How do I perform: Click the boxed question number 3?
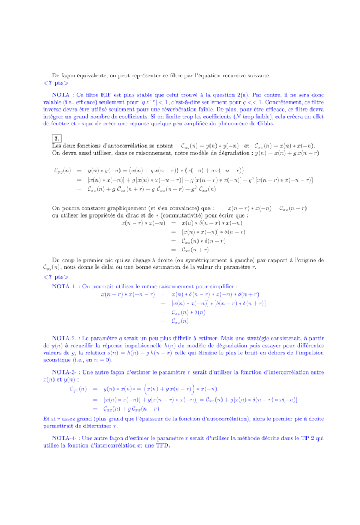57,138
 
